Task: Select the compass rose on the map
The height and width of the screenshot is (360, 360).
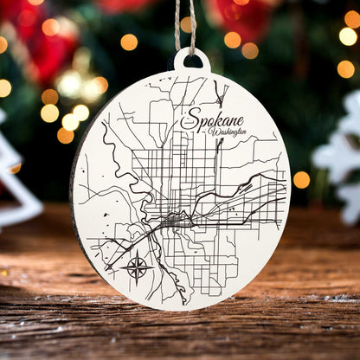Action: (x=137, y=266)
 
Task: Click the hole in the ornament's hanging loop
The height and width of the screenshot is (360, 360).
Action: (x=191, y=61)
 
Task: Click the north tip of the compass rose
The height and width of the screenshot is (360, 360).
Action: (x=137, y=253)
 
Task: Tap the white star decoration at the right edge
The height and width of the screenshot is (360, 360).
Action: (x=342, y=160)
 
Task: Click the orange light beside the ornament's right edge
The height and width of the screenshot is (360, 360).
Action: (x=301, y=179)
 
